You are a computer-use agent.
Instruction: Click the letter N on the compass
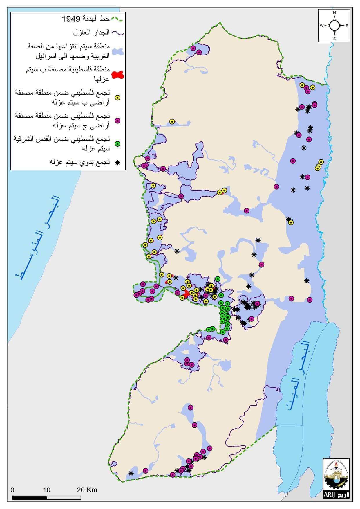334,12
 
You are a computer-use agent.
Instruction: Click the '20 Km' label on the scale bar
87,490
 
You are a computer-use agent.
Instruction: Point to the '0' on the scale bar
12,490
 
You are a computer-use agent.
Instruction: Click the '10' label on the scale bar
47,490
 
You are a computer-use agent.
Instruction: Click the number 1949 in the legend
71,19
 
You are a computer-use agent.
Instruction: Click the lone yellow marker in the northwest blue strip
172,122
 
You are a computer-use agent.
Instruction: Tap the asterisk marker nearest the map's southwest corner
131,473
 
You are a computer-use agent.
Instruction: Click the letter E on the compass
347,26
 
